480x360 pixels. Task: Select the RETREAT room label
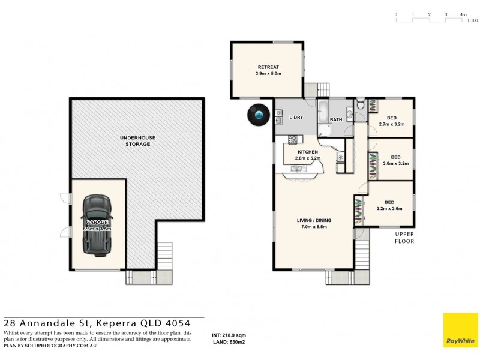(x=268, y=67)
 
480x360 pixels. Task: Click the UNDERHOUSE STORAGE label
(x=140, y=141)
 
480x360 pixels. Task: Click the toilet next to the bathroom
(x=359, y=106)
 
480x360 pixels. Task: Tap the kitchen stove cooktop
(x=293, y=139)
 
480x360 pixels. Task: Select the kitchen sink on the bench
(x=296, y=169)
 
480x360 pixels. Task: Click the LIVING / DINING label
(x=314, y=220)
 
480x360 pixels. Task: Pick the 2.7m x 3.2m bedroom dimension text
(x=392, y=125)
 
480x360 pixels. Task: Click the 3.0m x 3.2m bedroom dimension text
(x=395, y=163)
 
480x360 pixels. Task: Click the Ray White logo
(x=460, y=330)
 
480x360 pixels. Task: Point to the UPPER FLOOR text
(x=404, y=238)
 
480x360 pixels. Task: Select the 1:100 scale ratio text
(x=473, y=20)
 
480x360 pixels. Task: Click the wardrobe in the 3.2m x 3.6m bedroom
(x=359, y=210)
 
